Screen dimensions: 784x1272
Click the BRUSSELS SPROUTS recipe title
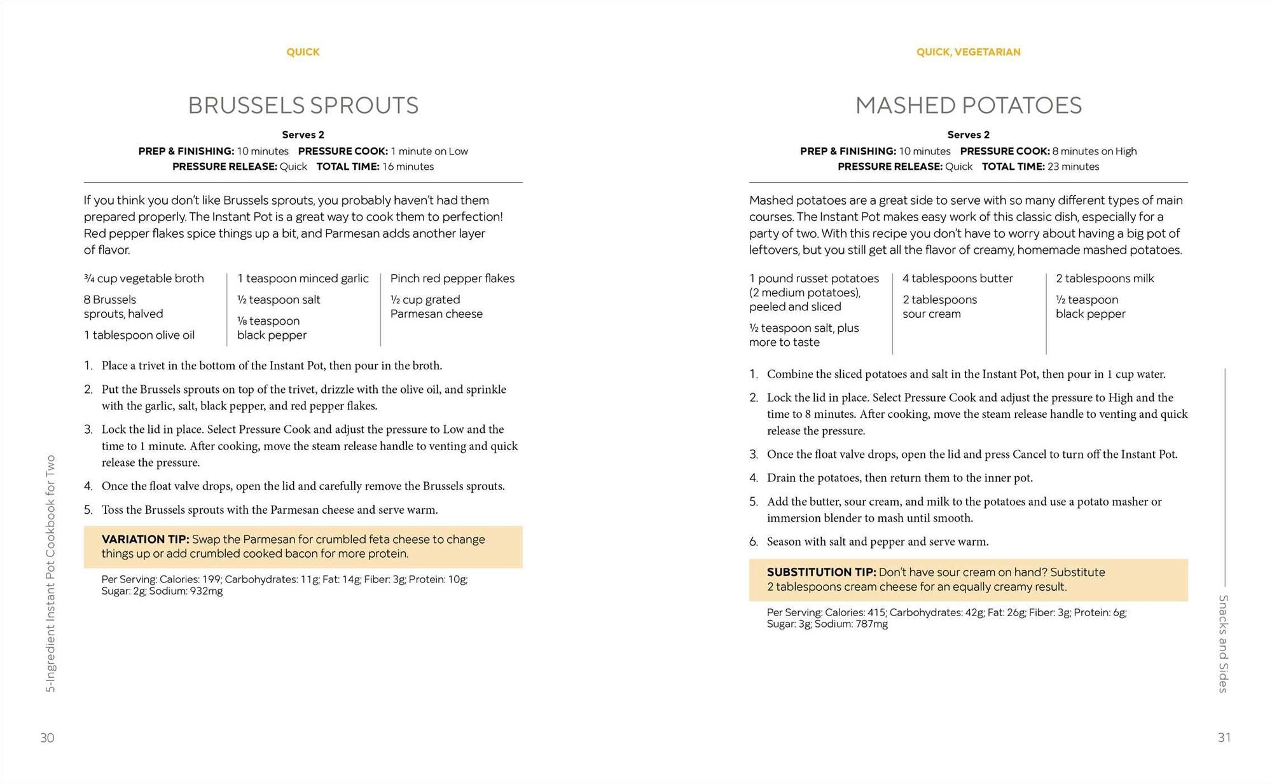[303, 106]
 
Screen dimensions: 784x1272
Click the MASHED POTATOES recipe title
[968, 106]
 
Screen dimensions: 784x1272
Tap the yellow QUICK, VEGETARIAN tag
[968, 52]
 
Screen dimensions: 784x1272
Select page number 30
[48, 738]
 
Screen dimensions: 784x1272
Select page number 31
[1224, 738]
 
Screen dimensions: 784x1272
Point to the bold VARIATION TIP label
[145, 539]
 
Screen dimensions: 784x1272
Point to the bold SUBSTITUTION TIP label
[821, 572]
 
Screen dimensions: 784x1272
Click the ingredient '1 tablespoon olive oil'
[139, 335]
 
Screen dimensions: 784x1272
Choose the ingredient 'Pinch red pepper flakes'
[452, 279]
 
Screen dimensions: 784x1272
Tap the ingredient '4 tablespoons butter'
[957, 279]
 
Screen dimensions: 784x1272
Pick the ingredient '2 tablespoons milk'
[1104, 279]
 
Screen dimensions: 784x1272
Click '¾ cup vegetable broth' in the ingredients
[144, 279]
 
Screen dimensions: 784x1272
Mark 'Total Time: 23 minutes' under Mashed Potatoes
[1040, 167]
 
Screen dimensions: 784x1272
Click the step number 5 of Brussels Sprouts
[88, 510]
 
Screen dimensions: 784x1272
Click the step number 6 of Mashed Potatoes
[754, 542]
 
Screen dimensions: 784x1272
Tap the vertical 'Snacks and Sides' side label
[1222, 643]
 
